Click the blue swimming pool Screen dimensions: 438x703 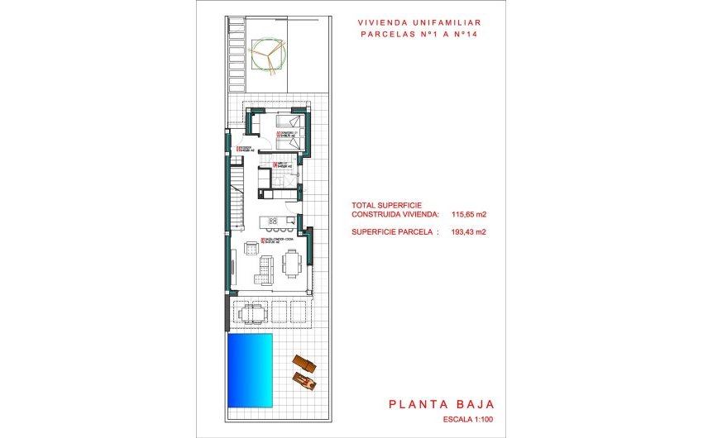click(250, 371)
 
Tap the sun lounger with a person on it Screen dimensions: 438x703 click(305, 380)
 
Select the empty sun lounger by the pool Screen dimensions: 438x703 click(303, 363)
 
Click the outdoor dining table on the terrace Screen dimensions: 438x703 click(253, 312)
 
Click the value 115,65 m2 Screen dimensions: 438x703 click(469, 214)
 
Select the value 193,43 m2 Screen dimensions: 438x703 click(469, 232)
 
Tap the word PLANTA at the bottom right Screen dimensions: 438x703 click(414, 404)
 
